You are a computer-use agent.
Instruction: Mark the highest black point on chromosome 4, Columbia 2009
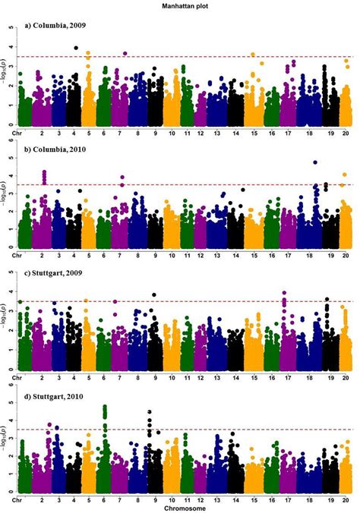[77, 48]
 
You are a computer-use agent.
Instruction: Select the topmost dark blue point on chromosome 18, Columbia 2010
[315, 162]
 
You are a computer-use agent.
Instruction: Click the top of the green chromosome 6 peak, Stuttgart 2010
[105, 407]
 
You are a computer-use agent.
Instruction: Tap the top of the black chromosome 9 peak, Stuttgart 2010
[150, 412]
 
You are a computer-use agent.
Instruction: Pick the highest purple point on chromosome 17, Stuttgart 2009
[284, 293]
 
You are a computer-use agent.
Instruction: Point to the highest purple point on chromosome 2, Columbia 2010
[44, 172]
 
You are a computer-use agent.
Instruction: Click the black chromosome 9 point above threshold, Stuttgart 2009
[154, 294]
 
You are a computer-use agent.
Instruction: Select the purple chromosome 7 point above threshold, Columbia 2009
[125, 54]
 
